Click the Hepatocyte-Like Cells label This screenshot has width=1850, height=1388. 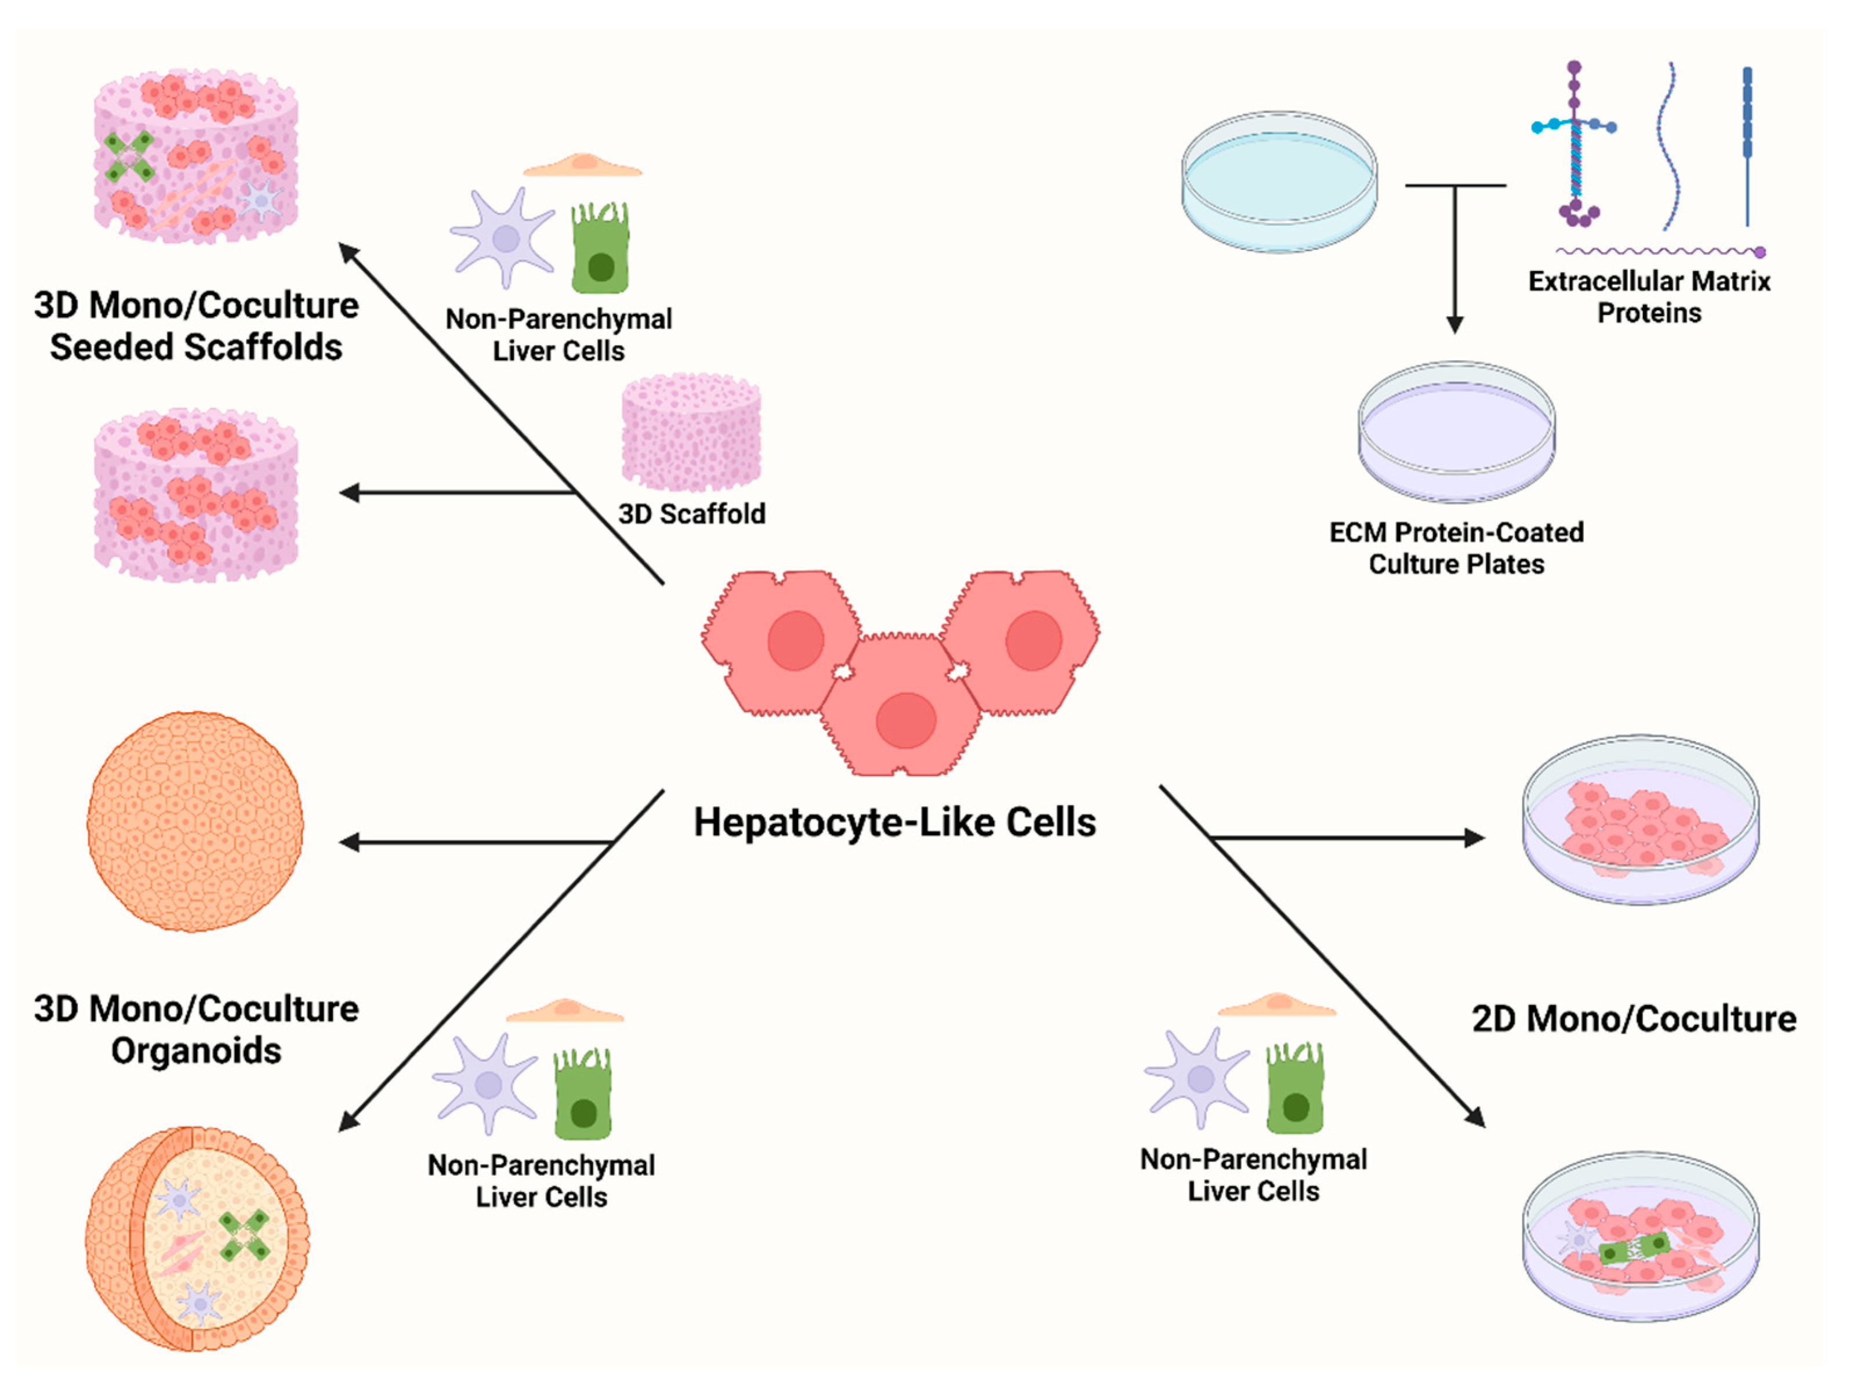pos(894,822)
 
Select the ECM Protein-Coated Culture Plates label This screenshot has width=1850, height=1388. pos(1456,548)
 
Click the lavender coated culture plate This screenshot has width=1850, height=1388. pos(1456,431)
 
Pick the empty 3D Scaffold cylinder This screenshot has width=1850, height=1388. pos(691,433)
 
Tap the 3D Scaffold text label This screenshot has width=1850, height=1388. pos(691,514)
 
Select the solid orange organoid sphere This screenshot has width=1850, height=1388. pos(195,821)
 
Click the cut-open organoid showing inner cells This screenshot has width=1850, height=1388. pos(197,1238)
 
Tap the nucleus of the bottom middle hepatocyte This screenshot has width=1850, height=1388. pos(906,719)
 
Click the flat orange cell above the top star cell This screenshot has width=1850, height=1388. pos(583,165)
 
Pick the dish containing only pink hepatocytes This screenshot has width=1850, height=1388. pos(1639,820)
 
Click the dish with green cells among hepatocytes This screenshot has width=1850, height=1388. pos(1639,1237)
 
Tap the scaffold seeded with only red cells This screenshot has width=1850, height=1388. pos(195,495)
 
